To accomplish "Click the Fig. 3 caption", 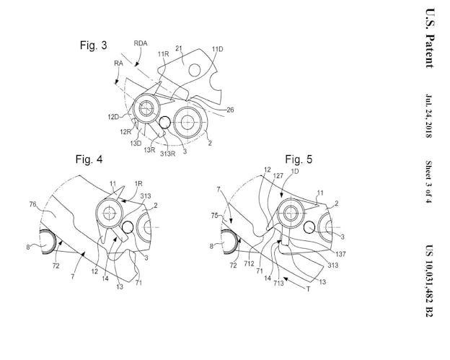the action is pyautogui.click(x=93, y=45).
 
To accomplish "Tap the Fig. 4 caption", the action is pyautogui.click(x=89, y=159).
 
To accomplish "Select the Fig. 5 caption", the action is pyautogui.click(x=299, y=159).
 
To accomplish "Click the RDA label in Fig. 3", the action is pyautogui.click(x=141, y=43).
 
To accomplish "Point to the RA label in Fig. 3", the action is pyautogui.click(x=118, y=63).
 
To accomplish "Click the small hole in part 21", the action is pyautogui.click(x=195, y=70).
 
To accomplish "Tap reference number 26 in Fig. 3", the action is pyautogui.click(x=230, y=110).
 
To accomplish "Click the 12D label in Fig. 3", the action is pyautogui.click(x=113, y=117).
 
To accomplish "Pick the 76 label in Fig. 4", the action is pyautogui.click(x=32, y=204).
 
